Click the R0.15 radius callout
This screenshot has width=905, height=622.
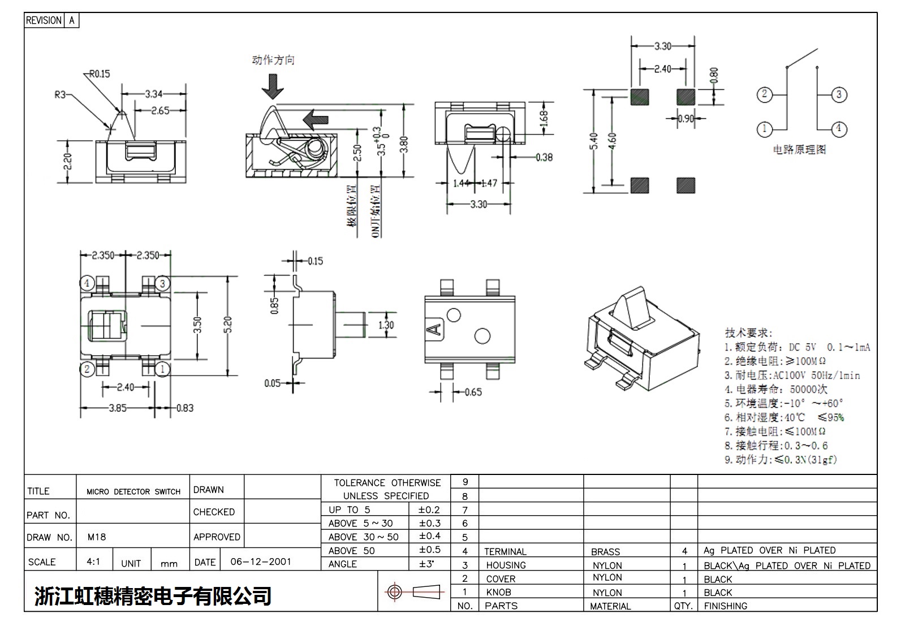(x=100, y=74)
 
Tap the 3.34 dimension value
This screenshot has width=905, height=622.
(x=154, y=94)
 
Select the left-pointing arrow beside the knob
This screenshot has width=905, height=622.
(x=316, y=119)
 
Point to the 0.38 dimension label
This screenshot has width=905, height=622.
(x=544, y=157)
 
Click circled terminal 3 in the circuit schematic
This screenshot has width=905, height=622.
(x=839, y=94)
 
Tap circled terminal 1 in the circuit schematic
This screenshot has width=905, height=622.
(x=764, y=129)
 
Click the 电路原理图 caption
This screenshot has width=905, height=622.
(x=799, y=150)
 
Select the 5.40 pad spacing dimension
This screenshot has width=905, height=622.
(x=593, y=141)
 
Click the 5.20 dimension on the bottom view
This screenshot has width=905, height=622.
(x=227, y=325)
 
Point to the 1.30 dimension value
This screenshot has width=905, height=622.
(x=386, y=325)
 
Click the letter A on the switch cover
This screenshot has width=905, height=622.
(x=436, y=329)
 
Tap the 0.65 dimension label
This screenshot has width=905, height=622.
(x=473, y=392)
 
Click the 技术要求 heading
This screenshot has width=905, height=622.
(x=748, y=333)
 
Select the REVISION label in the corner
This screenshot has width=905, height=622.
(x=44, y=20)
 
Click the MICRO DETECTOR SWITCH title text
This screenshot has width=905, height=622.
(x=133, y=492)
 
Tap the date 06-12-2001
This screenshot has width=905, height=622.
(x=261, y=562)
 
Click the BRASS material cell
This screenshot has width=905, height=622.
(x=605, y=552)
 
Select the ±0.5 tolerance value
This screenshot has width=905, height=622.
(x=429, y=550)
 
